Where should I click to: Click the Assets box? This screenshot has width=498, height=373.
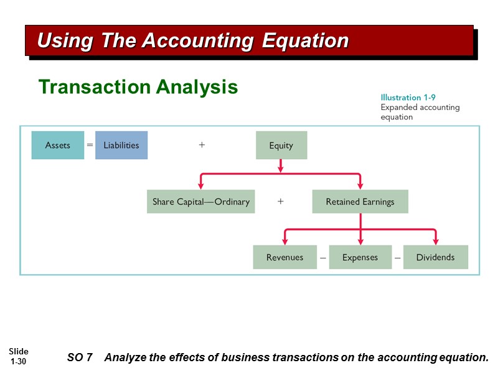(x=58, y=145)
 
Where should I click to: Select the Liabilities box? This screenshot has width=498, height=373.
(x=121, y=145)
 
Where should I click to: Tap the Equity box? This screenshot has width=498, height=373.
(x=281, y=145)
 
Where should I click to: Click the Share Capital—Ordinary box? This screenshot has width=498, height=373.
(x=201, y=201)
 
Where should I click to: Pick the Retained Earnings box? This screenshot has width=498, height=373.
(x=360, y=201)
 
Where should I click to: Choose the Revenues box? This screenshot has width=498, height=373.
(x=284, y=257)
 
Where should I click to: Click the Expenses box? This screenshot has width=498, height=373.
(x=360, y=257)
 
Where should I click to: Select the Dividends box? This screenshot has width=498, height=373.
(x=435, y=257)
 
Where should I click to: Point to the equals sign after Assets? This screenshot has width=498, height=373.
(x=90, y=145)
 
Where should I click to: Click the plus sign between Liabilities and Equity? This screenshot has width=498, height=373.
(x=202, y=145)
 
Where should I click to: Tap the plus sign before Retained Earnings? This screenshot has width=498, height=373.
(x=281, y=201)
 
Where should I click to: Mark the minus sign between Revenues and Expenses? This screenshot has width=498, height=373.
(x=323, y=257)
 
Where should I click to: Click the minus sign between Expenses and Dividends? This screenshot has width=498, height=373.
(x=397, y=257)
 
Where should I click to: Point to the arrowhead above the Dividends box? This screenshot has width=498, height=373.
(x=436, y=241)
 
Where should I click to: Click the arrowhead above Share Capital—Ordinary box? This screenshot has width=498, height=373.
(x=201, y=185)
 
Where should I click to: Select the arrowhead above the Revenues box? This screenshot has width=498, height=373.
(x=285, y=241)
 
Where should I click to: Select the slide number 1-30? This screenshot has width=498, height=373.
(x=19, y=361)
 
